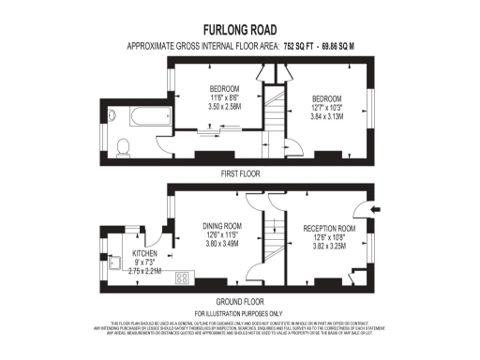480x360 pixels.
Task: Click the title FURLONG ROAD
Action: (x=239, y=29)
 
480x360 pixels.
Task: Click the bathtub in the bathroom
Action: (x=146, y=117)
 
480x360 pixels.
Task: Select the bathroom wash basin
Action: (x=112, y=117)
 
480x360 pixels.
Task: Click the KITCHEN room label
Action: (x=144, y=253)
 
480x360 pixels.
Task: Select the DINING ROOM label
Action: (x=222, y=226)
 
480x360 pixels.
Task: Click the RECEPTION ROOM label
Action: (x=329, y=228)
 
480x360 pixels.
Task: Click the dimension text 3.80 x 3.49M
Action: (x=222, y=244)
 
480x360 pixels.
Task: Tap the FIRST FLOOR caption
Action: (x=239, y=173)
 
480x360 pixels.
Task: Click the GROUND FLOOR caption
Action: (x=239, y=301)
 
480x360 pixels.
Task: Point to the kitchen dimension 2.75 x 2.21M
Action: (x=143, y=271)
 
